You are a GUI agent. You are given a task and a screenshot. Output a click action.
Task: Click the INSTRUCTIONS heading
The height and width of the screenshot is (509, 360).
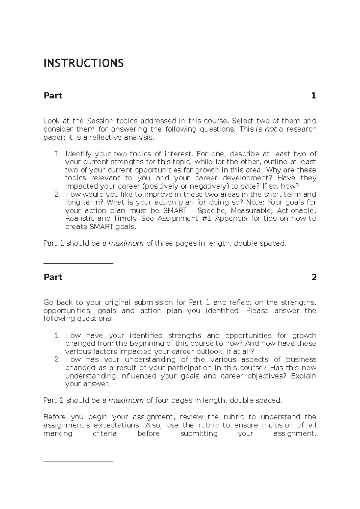[83, 64]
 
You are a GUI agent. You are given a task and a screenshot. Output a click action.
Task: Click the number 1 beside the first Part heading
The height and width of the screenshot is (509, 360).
[313, 96]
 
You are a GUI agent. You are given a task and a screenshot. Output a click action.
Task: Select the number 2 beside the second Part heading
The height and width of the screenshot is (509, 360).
[314, 277]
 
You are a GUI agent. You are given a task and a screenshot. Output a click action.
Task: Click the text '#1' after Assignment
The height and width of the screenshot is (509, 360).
[205, 219]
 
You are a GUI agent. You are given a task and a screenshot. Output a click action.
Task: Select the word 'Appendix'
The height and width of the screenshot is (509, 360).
[231, 219]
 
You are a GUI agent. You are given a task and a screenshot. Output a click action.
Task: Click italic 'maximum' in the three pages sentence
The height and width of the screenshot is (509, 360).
[126, 243]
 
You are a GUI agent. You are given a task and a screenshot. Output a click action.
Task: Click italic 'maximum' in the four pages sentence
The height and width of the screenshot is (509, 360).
[126, 400]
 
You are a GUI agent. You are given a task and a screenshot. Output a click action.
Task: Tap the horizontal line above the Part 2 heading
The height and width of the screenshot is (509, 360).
[78, 264]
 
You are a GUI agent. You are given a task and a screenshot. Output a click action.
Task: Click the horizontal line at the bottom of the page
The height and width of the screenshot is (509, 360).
[78, 462]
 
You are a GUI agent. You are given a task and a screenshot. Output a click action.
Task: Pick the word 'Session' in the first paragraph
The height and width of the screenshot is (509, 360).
[100, 121]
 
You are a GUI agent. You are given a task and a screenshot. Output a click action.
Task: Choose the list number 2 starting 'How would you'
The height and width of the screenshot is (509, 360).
[58, 194]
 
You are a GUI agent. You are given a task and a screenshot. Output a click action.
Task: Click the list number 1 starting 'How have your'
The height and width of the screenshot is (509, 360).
[58, 335]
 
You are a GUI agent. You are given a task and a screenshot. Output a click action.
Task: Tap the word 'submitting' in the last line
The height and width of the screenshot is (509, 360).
[199, 433]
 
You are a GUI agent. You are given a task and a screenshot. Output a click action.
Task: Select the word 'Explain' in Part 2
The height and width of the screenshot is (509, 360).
[303, 376]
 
